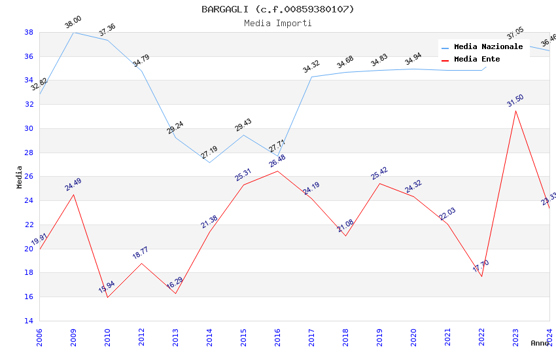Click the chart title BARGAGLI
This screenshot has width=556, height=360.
[277, 9]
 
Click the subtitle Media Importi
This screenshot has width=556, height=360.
[277, 23]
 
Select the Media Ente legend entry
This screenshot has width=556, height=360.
[477, 60]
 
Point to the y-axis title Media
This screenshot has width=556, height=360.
[19, 176]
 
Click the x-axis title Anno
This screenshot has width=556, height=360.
[540, 343]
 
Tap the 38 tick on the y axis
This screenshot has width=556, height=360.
[29, 32]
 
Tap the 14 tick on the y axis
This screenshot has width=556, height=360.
[29, 321]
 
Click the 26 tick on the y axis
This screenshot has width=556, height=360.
[29, 177]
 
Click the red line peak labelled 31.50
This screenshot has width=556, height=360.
[515, 111]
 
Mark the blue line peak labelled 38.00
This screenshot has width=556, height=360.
[73, 32]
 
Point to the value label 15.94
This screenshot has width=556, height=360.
[107, 287]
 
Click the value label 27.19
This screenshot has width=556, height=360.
[209, 153]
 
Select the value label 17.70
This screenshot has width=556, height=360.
[481, 266]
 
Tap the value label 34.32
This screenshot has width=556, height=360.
[311, 66]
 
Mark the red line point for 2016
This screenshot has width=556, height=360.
[277, 171]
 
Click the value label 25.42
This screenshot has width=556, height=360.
[379, 173]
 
